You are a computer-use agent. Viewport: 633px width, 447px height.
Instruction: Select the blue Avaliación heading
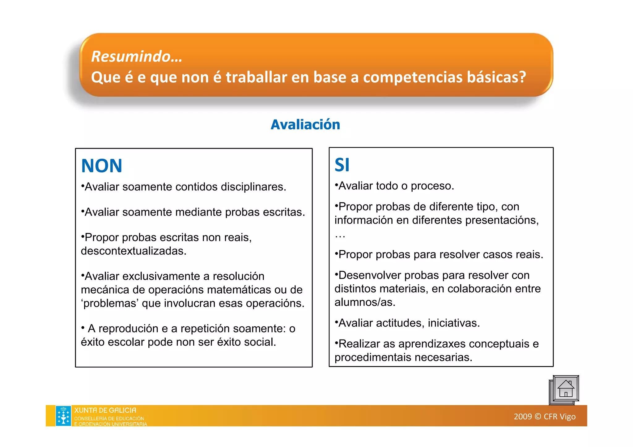point(305,125)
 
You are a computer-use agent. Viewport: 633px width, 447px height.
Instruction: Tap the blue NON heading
point(102,166)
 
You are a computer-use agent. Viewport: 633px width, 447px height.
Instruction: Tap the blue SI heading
point(342,165)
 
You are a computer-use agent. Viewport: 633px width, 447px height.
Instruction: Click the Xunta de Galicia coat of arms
point(63,416)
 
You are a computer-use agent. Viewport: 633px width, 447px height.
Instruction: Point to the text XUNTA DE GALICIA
point(105,410)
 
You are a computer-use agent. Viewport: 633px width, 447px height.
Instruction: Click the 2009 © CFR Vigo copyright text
point(544,417)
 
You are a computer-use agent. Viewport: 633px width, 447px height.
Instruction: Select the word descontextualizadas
point(134,251)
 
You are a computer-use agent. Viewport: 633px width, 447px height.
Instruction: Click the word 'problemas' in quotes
point(110,303)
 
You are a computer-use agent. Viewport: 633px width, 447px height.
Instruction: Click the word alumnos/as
point(365,302)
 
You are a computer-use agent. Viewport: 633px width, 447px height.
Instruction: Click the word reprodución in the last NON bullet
point(129,329)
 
